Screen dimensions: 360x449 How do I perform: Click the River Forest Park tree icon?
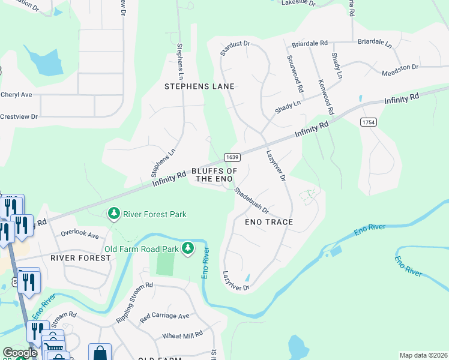[x=113, y=214]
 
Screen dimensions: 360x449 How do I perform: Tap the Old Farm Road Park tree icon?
[x=188, y=248]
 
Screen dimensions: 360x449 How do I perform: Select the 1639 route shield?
[x=233, y=157]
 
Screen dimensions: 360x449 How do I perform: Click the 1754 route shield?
[x=368, y=122]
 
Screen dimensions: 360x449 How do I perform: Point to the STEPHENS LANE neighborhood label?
[x=199, y=86]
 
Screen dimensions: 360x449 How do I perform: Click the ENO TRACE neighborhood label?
[x=269, y=222]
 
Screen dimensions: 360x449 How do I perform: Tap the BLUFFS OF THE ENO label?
[x=211, y=175]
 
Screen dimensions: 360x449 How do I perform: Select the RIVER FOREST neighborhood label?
[x=80, y=257]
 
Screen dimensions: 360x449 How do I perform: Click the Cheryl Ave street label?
[x=16, y=95]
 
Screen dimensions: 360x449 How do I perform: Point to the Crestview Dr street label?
[x=19, y=116]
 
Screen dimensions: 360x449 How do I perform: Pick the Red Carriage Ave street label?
[x=164, y=316]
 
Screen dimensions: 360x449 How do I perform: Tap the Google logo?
[x=19, y=353]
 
